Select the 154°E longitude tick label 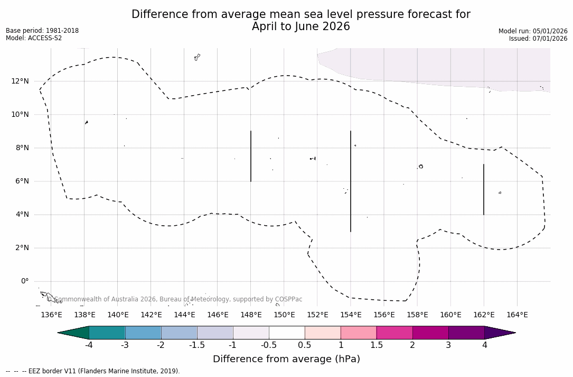tap(351, 315)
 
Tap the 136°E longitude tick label tap(51, 315)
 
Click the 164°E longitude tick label tap(517, 315)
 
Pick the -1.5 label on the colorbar tap(197, 345)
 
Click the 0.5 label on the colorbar tap(305, 345)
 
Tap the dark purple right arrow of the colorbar tap(499, 333)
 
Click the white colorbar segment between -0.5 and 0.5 tap(287, 333)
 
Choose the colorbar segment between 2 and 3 tap(430, 333)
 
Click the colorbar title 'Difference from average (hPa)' tap(286, 359)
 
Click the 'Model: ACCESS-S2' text tap(34, 38)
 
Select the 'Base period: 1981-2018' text tap(42, 31)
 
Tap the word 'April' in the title tap(264, 26)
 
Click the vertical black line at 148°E tap(251, 156)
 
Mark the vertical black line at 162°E tap(484, 189)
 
